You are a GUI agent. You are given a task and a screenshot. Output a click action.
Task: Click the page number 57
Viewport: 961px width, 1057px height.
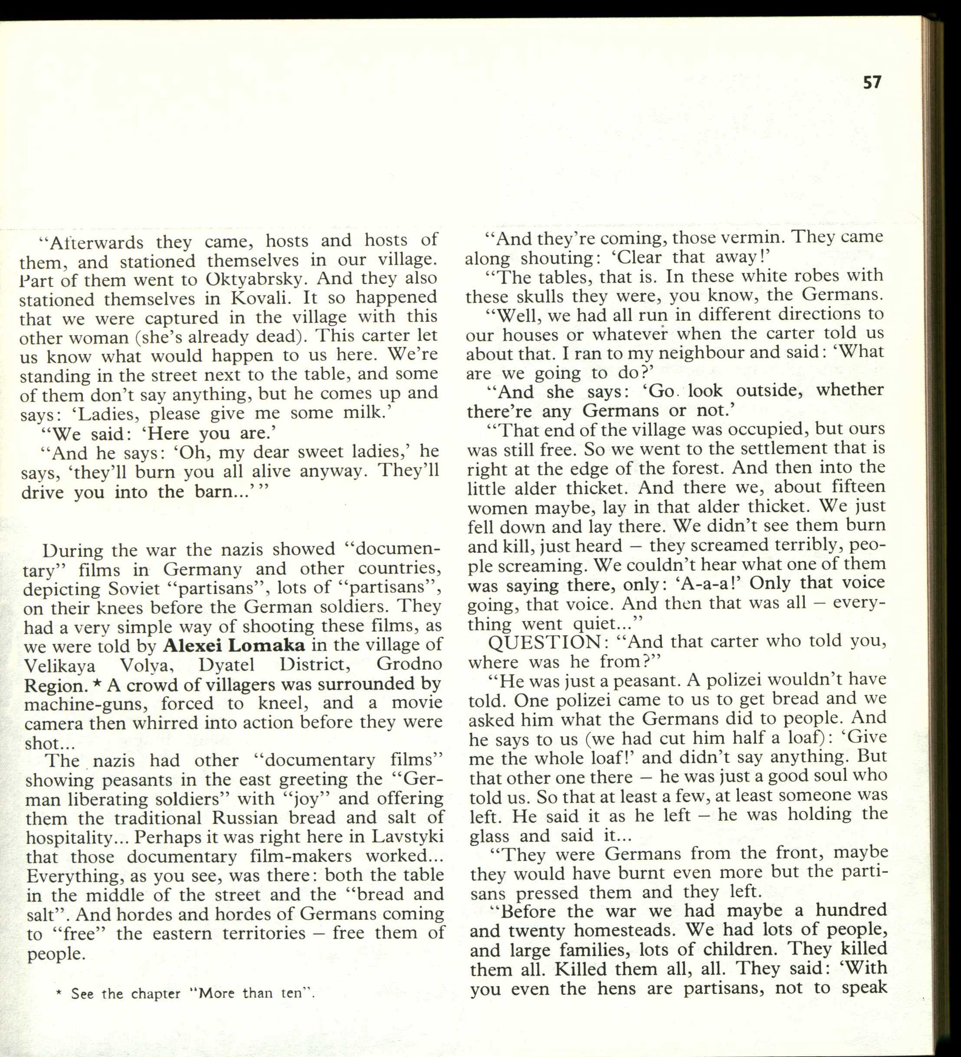click(x=872, y=82)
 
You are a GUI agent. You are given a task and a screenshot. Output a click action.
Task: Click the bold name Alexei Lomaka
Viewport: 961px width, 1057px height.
click(x=234, y=644)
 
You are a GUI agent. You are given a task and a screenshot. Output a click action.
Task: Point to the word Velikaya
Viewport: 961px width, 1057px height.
click(x=60, y=665)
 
